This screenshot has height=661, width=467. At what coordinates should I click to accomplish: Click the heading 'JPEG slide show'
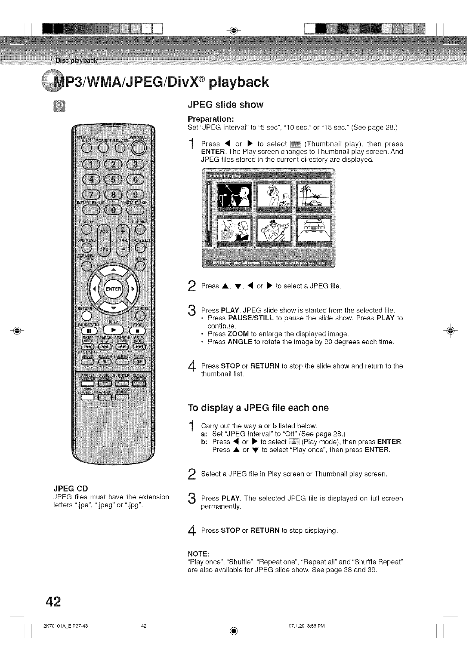point(225,105)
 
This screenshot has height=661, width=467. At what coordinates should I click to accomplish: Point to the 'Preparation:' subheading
point(211,119)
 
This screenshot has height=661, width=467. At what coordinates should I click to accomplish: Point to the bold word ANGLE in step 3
point(240,342)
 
